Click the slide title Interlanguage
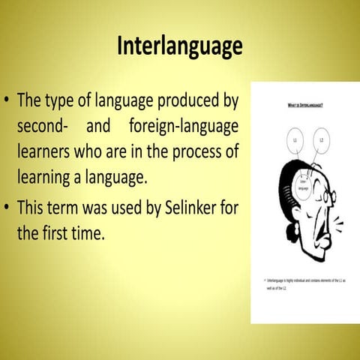point(180,46)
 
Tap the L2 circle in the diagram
point(321,139)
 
